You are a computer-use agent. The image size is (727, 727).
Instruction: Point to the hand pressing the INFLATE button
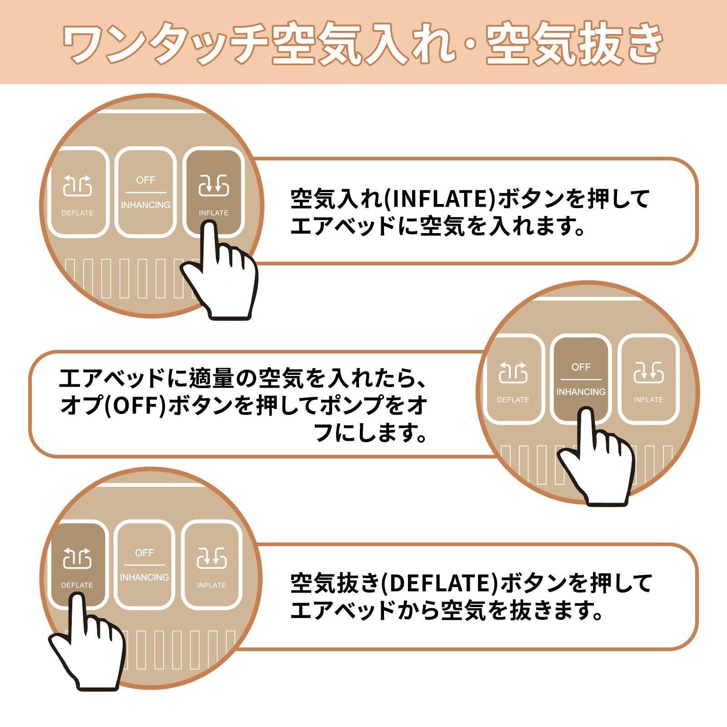coord(219,270)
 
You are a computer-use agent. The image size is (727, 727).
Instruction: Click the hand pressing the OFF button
coord(595,457)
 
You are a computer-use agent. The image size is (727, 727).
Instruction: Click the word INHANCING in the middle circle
coord(581,392)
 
